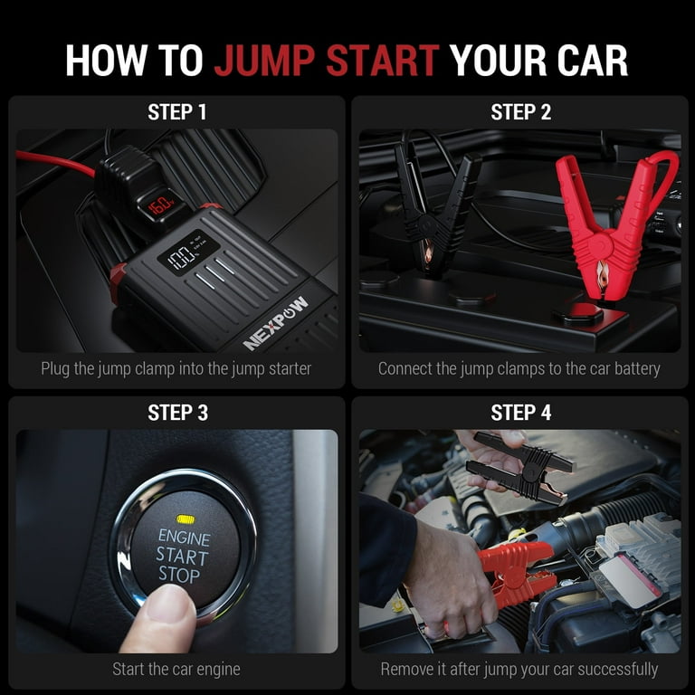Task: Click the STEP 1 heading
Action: (177, 112)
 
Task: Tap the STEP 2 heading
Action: (520, 112)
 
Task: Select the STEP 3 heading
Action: (177, 413)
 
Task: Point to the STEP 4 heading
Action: (520, 413)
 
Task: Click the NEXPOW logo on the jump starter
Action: (276, 323)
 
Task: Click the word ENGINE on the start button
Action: (184, 538)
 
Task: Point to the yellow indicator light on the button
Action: (186, 519)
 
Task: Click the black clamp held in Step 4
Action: (520, 466)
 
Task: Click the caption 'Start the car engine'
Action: (176, 670)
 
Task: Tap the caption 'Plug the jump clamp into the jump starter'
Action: (176, 368)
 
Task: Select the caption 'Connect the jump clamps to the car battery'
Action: (519, 368)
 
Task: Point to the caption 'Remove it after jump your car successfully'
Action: (519, 670)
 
